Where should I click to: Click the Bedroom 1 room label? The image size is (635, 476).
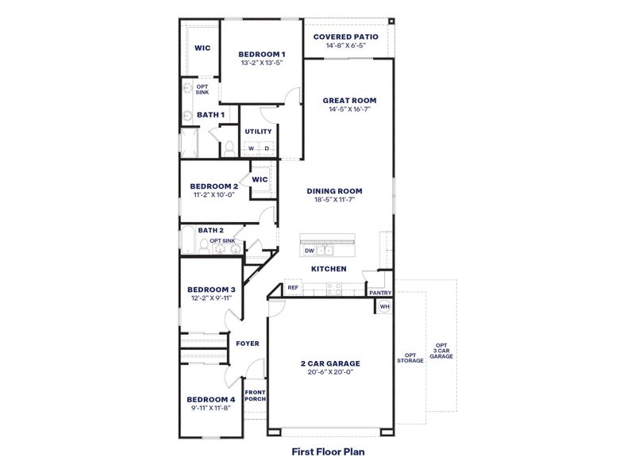(262, 54)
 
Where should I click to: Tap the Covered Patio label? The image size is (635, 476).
(345, 36)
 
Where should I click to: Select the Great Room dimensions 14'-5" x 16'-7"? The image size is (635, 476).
(348, 109)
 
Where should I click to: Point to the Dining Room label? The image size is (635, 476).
(334, 190)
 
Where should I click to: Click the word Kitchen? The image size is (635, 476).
(329, 269)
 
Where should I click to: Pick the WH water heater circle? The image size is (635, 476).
(384, 306)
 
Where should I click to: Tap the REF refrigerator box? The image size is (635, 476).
(293, 287)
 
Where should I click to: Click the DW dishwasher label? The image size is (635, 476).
(310, 251)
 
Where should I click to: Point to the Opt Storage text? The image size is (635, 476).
(410, 358)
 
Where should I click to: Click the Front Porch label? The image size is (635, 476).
(255, 395)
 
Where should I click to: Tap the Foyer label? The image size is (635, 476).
(248, 344)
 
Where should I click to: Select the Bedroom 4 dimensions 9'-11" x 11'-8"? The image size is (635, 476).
(210, 408)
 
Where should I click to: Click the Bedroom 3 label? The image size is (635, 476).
(210, 290)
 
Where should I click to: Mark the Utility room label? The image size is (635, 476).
(258, 132)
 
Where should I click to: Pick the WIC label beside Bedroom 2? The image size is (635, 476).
(260, 179)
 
